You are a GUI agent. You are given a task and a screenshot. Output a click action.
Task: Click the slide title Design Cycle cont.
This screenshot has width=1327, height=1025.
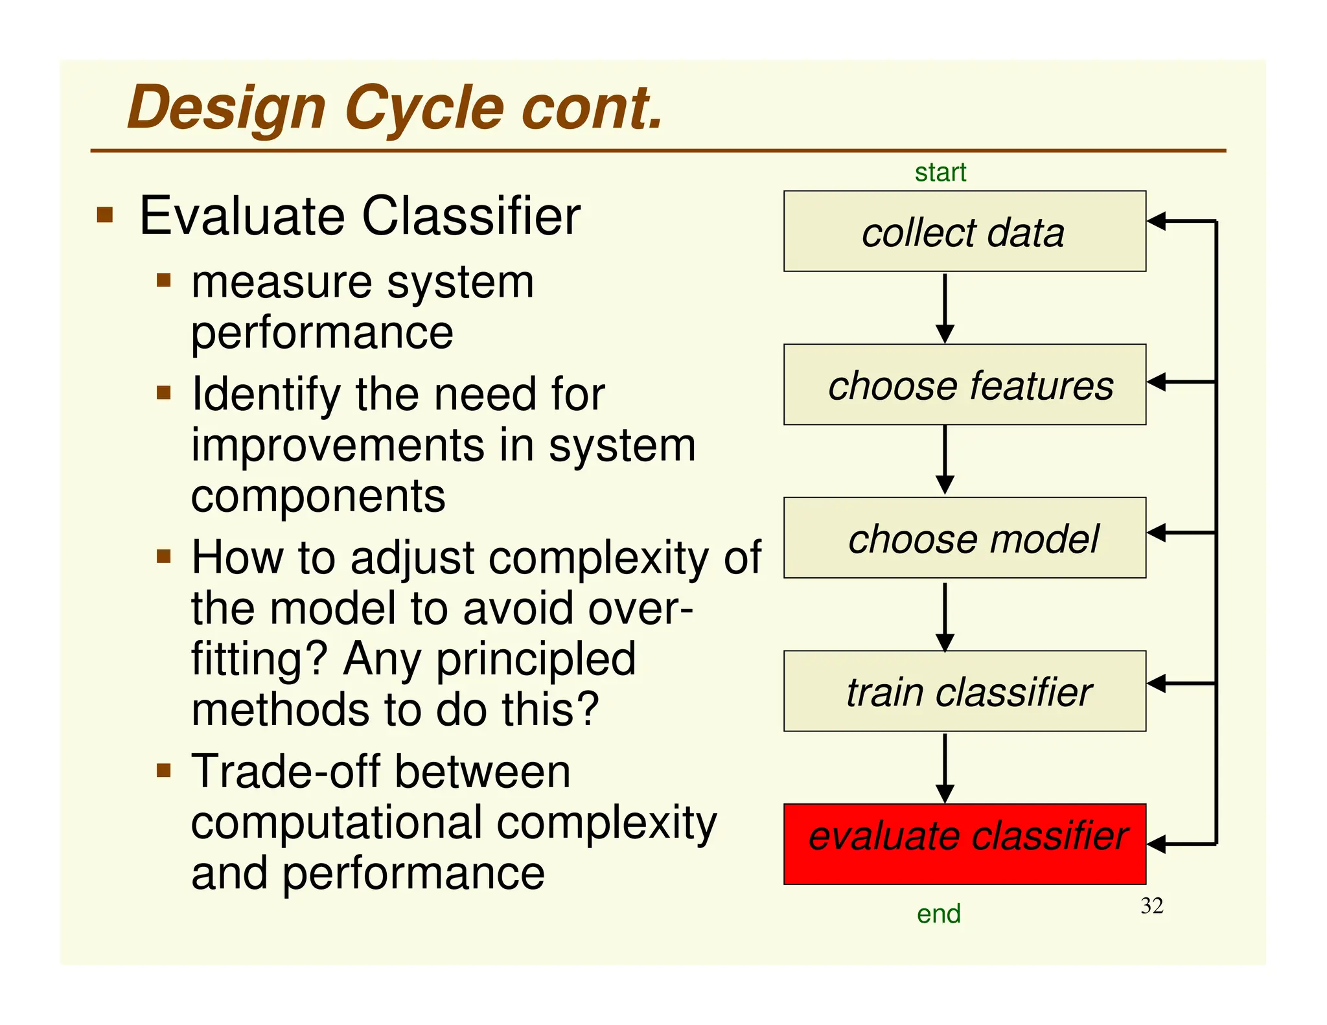(395, 108)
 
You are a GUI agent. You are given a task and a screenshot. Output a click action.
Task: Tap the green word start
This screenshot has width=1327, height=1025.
(940, 173)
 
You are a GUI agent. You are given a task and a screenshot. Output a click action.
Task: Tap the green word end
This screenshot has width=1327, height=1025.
(938, 914)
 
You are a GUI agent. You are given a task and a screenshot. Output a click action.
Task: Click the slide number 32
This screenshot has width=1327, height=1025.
(1151, 906)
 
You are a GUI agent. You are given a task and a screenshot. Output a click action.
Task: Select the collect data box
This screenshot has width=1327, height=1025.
(964, 231)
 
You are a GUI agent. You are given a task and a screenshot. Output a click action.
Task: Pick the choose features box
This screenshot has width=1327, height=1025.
(964, 385)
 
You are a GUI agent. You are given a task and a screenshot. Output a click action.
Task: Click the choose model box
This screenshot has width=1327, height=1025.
(964, 538)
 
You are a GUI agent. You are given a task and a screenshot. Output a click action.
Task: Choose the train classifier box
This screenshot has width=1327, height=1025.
(964, 691)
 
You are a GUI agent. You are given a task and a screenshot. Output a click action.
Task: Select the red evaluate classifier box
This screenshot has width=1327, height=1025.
(964, 844)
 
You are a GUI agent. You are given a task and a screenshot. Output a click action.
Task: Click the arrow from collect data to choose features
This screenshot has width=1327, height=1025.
(945, 308)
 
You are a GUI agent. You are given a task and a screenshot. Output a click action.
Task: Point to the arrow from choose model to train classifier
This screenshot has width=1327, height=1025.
(945, 616)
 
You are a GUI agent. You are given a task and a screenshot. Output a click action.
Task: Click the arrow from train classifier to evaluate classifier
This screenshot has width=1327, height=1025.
(945, 768)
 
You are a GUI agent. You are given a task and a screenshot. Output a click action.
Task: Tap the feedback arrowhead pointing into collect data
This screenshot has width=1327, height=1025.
(1157, 221)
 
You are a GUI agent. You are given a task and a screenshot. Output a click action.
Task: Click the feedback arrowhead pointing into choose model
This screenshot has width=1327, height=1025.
(1157, 533)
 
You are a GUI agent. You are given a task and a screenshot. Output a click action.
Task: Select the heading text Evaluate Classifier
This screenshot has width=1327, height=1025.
(360, 216)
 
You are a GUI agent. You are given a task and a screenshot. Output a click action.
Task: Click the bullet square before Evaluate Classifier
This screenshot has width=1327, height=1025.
(105, 214)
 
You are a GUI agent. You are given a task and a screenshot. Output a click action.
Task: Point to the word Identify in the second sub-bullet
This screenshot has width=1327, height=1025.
(266, 395)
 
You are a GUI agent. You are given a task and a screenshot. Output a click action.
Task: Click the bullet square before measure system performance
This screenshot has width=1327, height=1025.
(163, 280)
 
